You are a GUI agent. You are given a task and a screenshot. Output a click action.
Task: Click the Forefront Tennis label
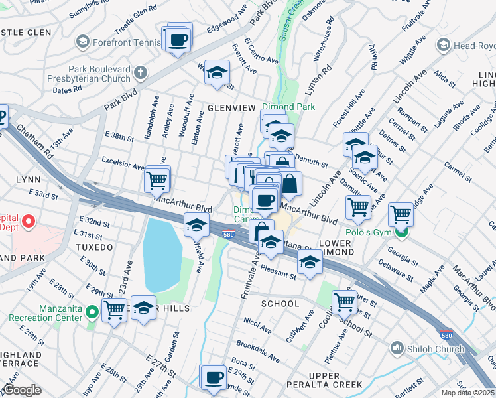click(126, 42)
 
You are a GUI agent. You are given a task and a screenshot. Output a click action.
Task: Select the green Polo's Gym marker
click(401, 232)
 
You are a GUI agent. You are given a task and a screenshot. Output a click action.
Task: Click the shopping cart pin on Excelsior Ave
click(157, 179)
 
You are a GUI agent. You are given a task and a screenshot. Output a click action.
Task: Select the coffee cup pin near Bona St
click(213, 377)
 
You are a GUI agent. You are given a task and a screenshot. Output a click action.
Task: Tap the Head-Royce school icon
click(444, 45)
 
